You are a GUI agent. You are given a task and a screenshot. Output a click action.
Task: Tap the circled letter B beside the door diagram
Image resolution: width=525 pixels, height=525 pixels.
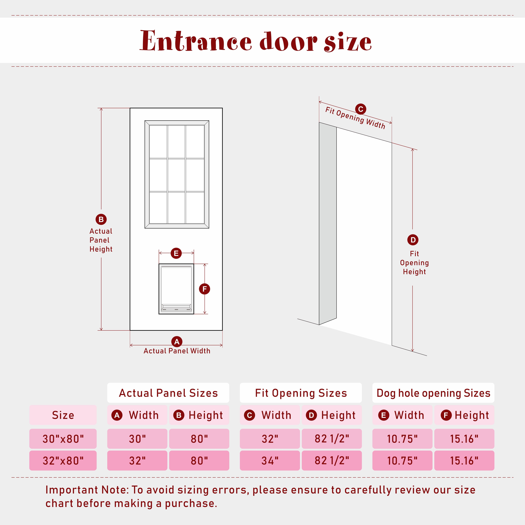pyautogui.click(x=101, y=219)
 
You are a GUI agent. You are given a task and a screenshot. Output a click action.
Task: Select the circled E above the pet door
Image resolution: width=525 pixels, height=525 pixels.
pyautogui.click(x=176, y=253)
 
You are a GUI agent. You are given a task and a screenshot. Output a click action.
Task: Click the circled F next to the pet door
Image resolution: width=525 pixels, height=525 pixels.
pyautogui.click(x=205, y=289)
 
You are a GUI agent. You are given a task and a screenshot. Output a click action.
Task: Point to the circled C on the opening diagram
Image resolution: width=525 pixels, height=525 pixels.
pyautogui.click(x=361, y=109)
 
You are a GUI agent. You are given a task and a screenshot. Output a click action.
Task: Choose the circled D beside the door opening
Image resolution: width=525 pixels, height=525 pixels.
pyautogui.click(x=413, y=240)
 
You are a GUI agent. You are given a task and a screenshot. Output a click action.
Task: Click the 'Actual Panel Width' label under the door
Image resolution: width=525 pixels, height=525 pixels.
pyautogui.click(x=177, y=351)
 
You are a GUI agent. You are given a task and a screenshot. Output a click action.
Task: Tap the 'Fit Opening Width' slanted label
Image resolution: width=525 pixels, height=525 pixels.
pyautogui.click(x=355, y=118)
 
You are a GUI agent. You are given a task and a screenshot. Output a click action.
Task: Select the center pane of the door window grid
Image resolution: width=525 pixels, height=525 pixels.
pyautogui.click(x=176, y=175)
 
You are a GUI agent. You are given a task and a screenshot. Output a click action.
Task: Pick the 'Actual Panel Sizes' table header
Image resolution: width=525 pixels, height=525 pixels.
pyautogui.click(x=168, y=393)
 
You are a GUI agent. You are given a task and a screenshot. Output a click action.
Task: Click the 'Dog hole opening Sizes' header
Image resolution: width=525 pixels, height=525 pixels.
pyautogui.click(x=433, y=393)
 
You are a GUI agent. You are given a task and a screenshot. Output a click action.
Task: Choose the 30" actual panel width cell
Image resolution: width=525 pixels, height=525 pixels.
pyautogui.click(x=137, y=439)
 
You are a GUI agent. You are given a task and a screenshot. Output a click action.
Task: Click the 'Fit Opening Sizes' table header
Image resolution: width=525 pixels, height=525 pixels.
pyautogui.click(x=301, y=393)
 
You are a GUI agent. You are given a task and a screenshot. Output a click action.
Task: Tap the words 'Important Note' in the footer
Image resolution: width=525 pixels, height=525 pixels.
pyautogui.click(x=86, y=490)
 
